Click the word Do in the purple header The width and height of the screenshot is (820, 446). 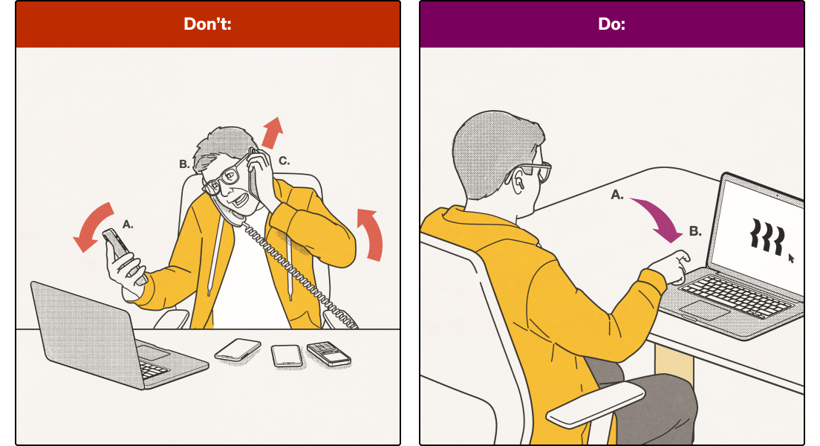point(611,24)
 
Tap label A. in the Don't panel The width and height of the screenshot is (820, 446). point(128,223)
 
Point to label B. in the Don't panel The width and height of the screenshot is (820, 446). point(184,164)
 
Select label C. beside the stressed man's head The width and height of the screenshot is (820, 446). point(284,160)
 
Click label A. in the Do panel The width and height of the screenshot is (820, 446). point(616,194)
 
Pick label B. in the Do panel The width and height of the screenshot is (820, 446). point(695,231)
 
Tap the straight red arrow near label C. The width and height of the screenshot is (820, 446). point(273,132)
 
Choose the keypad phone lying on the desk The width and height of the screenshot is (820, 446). point(328,353)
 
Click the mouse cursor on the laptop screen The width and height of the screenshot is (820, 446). point(791,258)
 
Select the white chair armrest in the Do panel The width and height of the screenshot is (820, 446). point(595,405)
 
